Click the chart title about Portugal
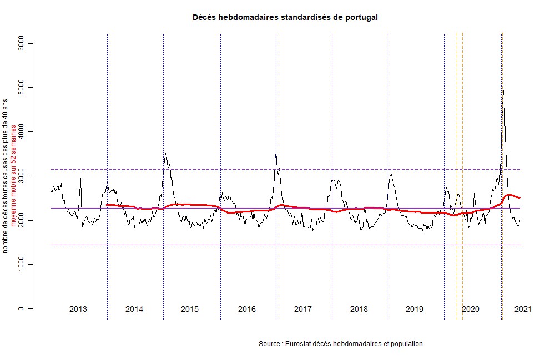pyautogui.click(x=285, y=17)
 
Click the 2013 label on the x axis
pyautogui.click(x=78, y=309)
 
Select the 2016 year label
pyautogui.click(x=246, y=309)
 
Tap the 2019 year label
pyautogui.click(x=415, y=309)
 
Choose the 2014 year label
pyautogui.click(x=134, y=309)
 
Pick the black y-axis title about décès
pyautogui.click(x=6, y=176)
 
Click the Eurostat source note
pyautogui.click(x=341, y=344)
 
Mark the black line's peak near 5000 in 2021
pyautogui.click(x=502, y=88)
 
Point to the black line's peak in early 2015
pyautogui.click(x=165, y=154)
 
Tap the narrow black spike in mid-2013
pyautogui.click(x=80, y=179)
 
